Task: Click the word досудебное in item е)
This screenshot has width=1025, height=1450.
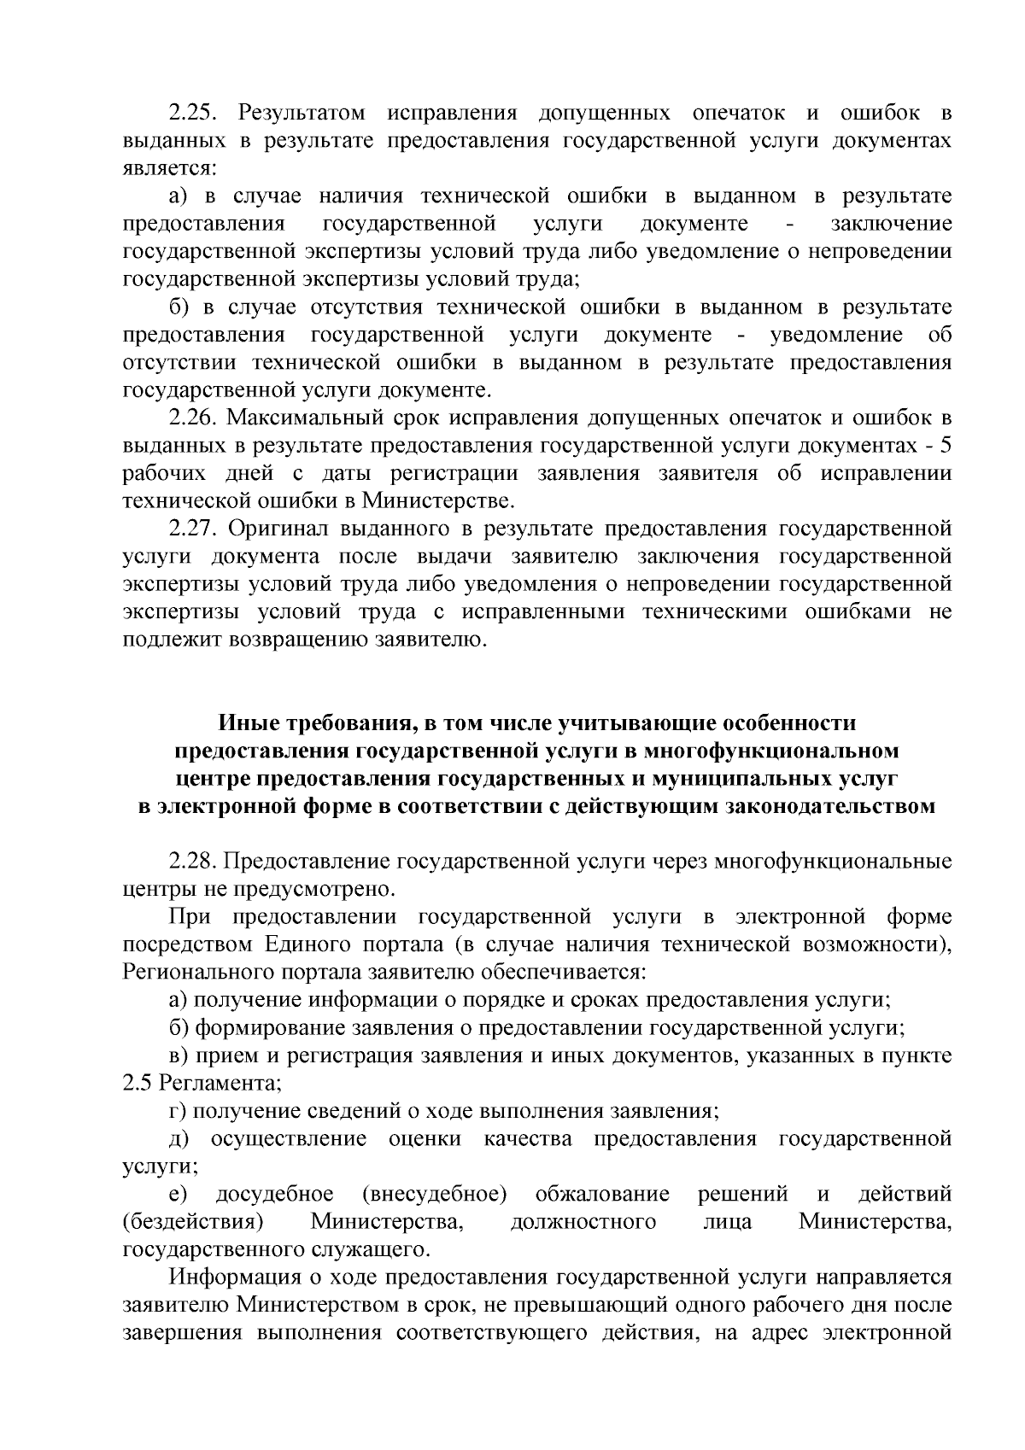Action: (273, 1195)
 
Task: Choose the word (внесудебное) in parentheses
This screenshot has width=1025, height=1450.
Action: (434, 1195)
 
